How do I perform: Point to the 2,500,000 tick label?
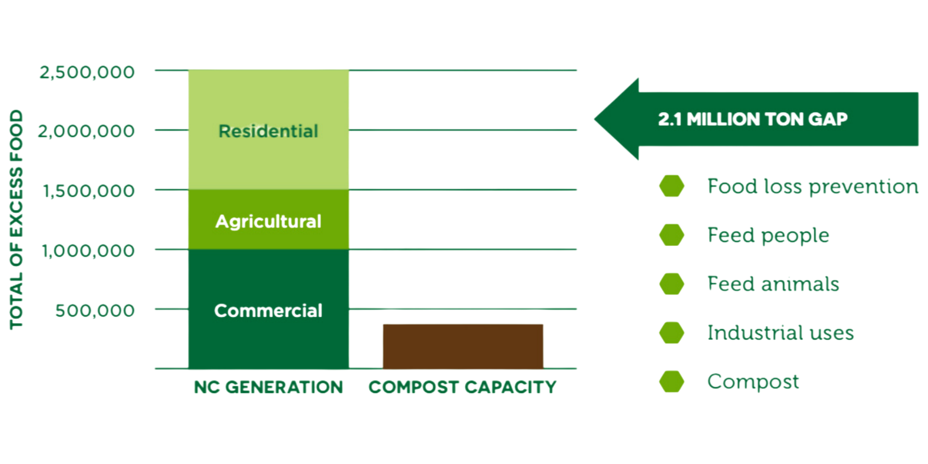pos(87,72)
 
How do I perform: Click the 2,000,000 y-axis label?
pos(86,131)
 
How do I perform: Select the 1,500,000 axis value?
pos(89,191)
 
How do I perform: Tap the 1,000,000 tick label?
pos(88,251)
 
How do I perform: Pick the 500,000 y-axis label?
pos(95,310)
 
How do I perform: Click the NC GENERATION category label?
pos(268,387)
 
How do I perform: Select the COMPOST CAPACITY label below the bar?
pos(462,387)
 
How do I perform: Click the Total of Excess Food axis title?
pos(16,219)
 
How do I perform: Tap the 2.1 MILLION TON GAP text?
pos(753,119)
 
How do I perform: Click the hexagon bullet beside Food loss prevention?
pos(671,186)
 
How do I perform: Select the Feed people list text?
pos(768,235)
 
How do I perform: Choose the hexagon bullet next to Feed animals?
pos(671,284)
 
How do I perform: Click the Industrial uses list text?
pos(780,333)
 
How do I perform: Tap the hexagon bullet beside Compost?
pos(671,381)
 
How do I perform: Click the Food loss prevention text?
pos(812,187)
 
